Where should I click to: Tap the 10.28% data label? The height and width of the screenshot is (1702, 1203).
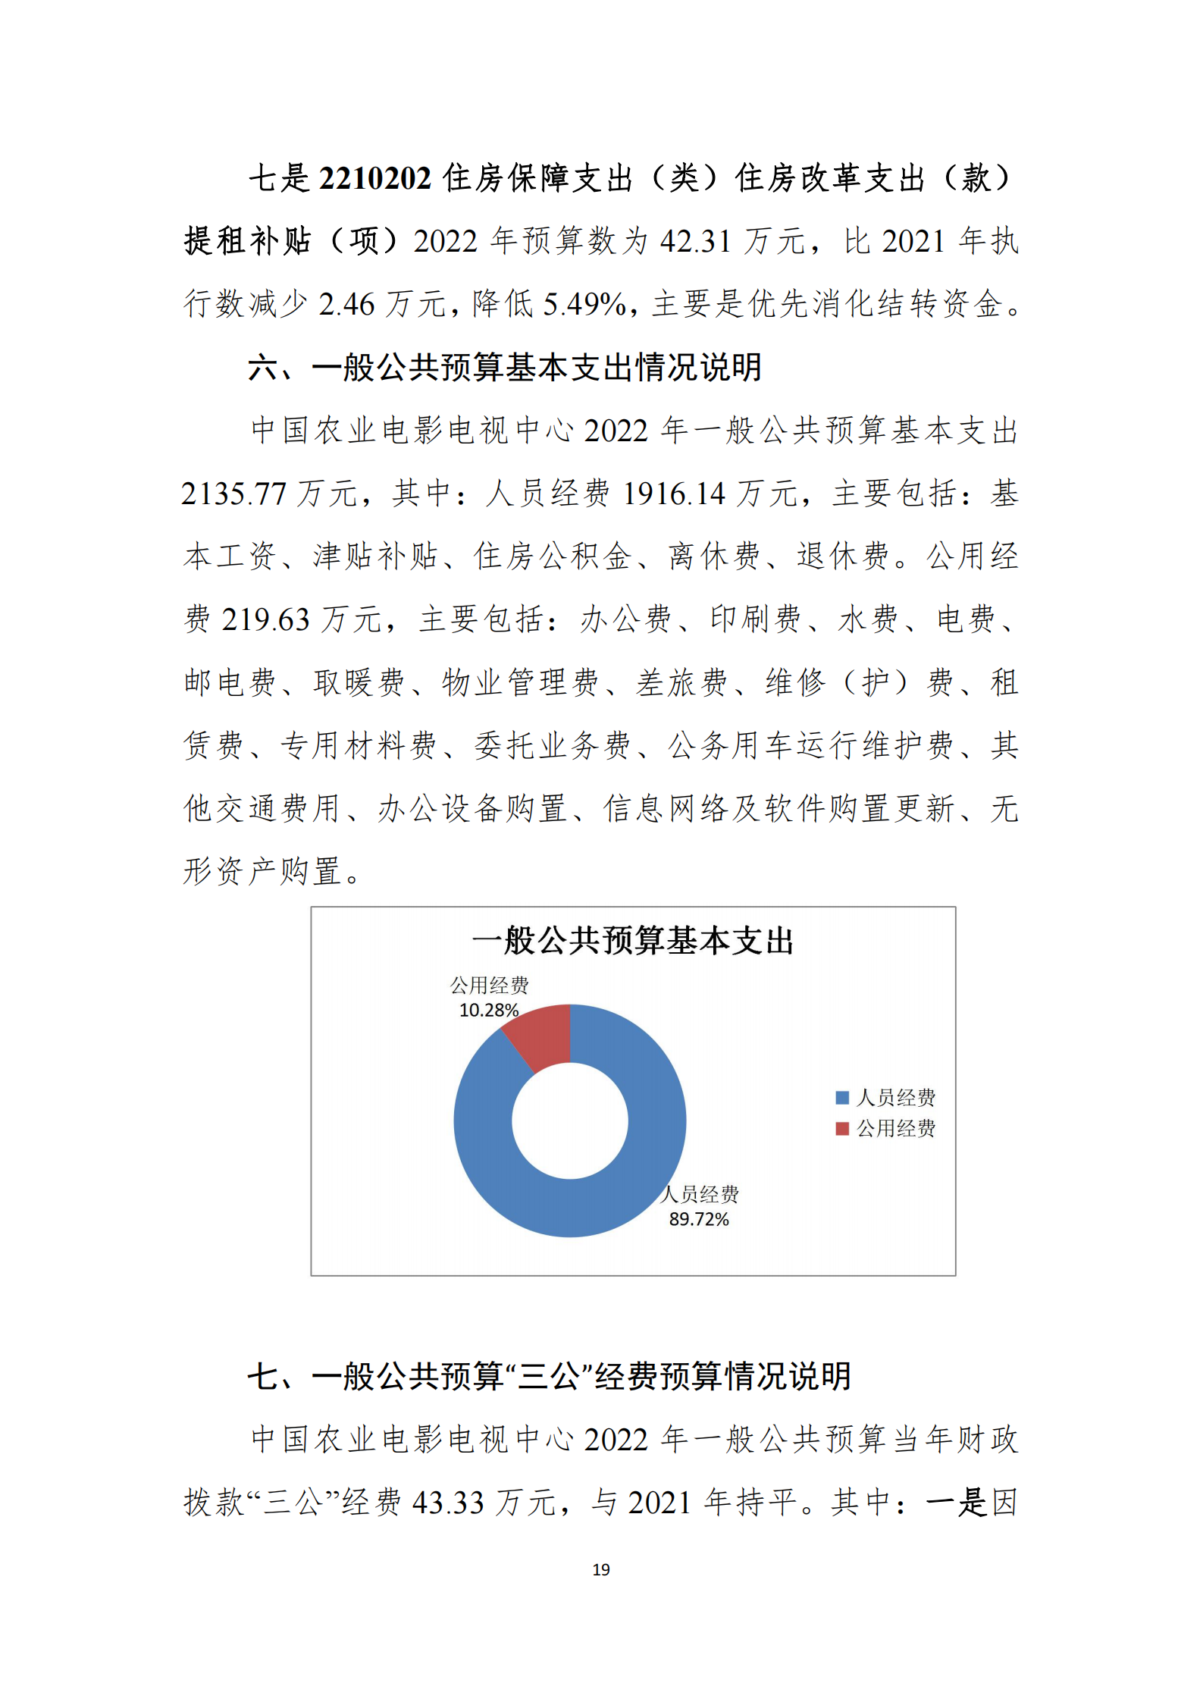coord(489,1010)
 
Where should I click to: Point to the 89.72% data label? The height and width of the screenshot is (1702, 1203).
coord(698,1219)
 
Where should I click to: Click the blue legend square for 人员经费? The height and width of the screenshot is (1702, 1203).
coord(841,1097)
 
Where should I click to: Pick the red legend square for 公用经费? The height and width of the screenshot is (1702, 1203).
coord(841,1128)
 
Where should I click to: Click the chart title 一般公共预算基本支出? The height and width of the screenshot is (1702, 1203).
coord(632,941)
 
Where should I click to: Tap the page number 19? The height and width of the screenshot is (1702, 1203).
coord(601,1569)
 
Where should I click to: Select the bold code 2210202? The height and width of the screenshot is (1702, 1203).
coord(374,179)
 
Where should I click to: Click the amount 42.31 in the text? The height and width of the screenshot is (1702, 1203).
coord(696,242)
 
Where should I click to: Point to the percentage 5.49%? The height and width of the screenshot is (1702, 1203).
coord(584,305)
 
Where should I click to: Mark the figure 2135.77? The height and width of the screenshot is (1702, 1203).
coord(233,494)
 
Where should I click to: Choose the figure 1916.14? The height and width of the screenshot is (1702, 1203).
coord(674,494)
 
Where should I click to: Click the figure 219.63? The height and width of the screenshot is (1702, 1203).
coord(265,620)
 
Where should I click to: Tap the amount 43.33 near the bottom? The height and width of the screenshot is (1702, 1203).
coord(448,1503)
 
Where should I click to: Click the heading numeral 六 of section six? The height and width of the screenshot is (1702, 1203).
coord(263,368)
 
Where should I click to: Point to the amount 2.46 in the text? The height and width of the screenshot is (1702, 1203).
coord(346,305)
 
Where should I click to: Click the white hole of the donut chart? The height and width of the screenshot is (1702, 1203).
coord(569,1121)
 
